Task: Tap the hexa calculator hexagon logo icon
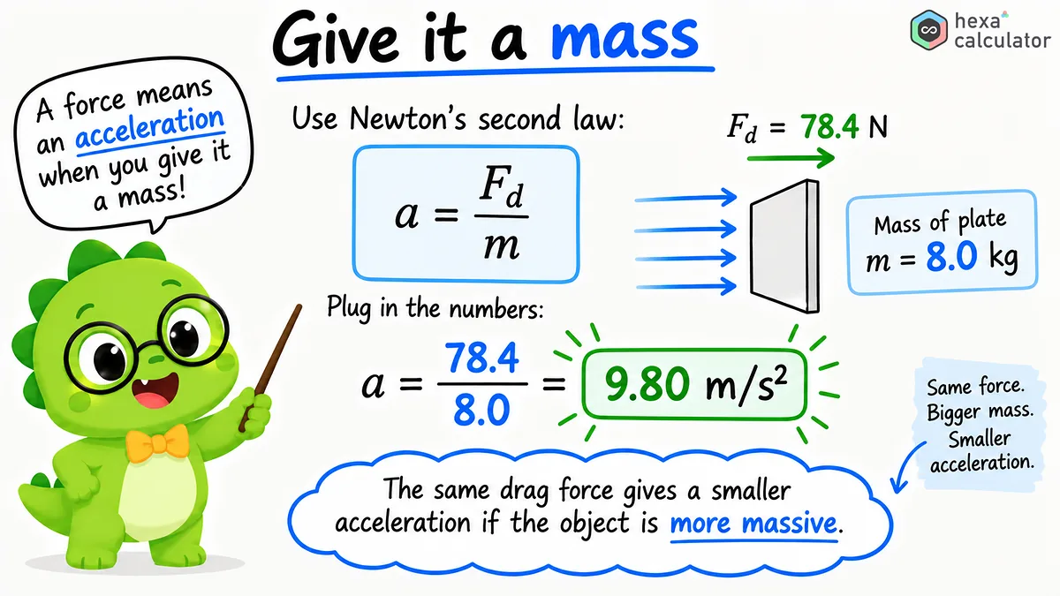929,30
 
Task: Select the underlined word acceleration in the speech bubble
149,127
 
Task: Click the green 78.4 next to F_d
829,127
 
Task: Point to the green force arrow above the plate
791,157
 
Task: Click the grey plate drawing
784,246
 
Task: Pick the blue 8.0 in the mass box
951,256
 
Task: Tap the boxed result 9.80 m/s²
694,384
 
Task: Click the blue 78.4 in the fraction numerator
481,358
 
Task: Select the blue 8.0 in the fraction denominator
481,410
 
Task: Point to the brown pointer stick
269,368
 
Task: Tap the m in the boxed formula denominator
502,246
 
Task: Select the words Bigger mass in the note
980,411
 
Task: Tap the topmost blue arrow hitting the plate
685,198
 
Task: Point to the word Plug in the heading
348,308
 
